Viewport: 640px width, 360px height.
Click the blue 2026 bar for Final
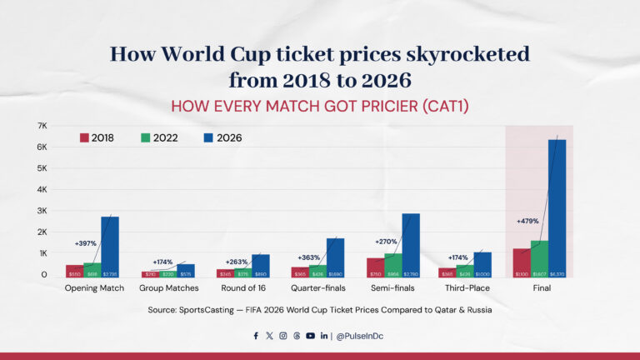pyautogui.click(x=557, y=208)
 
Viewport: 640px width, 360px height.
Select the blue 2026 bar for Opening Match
pyautogui.click(x=110, y=247)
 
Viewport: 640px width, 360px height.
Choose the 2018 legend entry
pyautogui.click(x=97, y=137)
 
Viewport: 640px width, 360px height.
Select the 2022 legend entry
pyautogui.click(x=158, y=137)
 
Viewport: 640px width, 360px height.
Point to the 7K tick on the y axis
pyautogui.click(x=42, y=126)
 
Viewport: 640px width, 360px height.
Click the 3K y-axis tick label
pyautogui.click(x=42, y=211)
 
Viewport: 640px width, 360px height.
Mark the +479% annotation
pyautogui.click(x=529, y=222)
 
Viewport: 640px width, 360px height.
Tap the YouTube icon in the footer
pyautogui.click(x=310, y=336)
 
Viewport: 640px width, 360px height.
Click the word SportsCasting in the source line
pyautogui.click(x=213, y=310)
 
